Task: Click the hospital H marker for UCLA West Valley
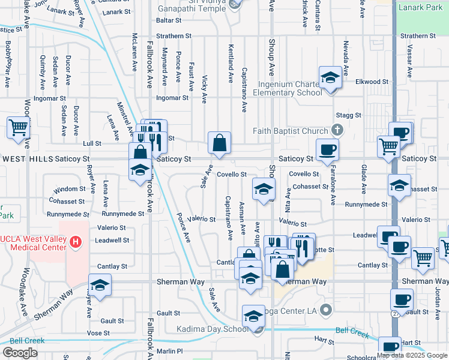tap(75, 242)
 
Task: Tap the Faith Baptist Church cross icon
tap(338, 130)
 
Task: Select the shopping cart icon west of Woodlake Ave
tap(19, 127)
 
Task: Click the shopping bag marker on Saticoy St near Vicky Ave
tap(220, 143)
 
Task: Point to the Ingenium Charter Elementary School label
tap(288, 88)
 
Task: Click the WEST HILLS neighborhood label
tap(26, 159)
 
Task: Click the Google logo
tap(20, 353)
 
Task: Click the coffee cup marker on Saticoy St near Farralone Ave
tap(328, 149)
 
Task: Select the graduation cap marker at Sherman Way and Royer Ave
tap(100, 284)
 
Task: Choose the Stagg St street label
tap(349, 115)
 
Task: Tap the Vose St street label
tap(97, 332)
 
